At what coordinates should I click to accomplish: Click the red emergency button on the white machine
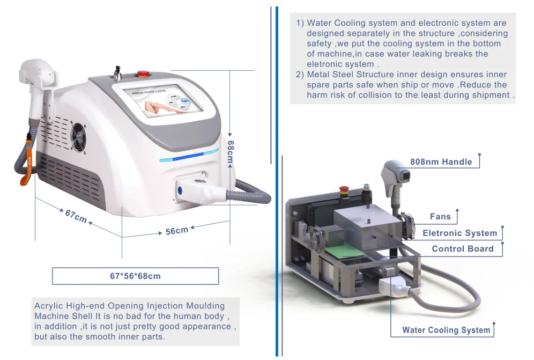click(143, 73)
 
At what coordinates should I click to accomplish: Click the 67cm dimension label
click(76, 216)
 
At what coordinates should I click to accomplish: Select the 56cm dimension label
click(176, 231)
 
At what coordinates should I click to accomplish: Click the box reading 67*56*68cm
click(135, 276)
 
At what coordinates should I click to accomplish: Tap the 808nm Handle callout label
click(441, 161)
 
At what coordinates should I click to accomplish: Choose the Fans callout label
click(440, 217)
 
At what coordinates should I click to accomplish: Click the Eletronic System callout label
click(459, 233)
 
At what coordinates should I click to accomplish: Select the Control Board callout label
click(462, 249)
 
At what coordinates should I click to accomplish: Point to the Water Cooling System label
click(446, 330)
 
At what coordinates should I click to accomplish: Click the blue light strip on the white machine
click(188, 156)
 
